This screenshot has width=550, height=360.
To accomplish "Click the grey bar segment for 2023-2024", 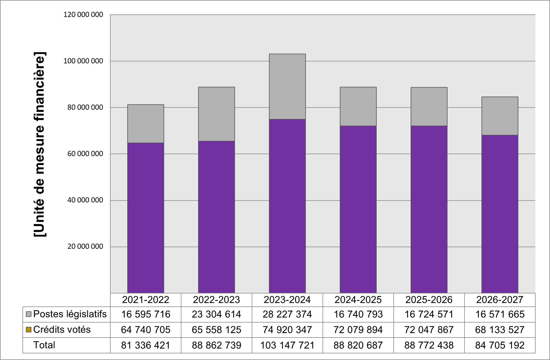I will click(287, 86).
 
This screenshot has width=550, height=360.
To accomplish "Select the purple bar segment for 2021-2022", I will click(145, 218).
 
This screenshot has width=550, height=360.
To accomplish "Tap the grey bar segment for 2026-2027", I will click(500, 116).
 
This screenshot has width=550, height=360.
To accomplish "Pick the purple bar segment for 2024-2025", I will click(358, 209).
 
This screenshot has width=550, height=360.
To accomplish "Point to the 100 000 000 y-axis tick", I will click(83, 61).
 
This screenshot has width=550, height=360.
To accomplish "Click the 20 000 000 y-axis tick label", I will click(85, 247).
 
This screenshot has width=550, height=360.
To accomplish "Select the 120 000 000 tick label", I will click(83, 15).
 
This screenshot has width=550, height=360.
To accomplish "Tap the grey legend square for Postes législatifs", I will click(29, 314).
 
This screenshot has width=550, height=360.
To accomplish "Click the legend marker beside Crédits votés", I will click(29, 330).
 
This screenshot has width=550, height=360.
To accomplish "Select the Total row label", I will click(44, 345).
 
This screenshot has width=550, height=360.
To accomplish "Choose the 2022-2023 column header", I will click(216, 300).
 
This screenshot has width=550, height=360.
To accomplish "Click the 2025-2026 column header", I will click(429, 300).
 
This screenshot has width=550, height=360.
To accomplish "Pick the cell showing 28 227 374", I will click(287, 314).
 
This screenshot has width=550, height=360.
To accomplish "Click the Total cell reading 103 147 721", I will click(287, 345).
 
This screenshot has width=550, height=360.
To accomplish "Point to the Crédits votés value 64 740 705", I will click(145, 330).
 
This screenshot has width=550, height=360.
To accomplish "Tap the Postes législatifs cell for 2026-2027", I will click(500, 314).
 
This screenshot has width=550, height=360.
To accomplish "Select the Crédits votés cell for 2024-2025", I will click(358, 330).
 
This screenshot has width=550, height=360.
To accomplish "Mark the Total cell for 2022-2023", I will click(216, 345).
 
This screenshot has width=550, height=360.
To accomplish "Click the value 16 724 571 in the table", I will click(429, 314).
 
